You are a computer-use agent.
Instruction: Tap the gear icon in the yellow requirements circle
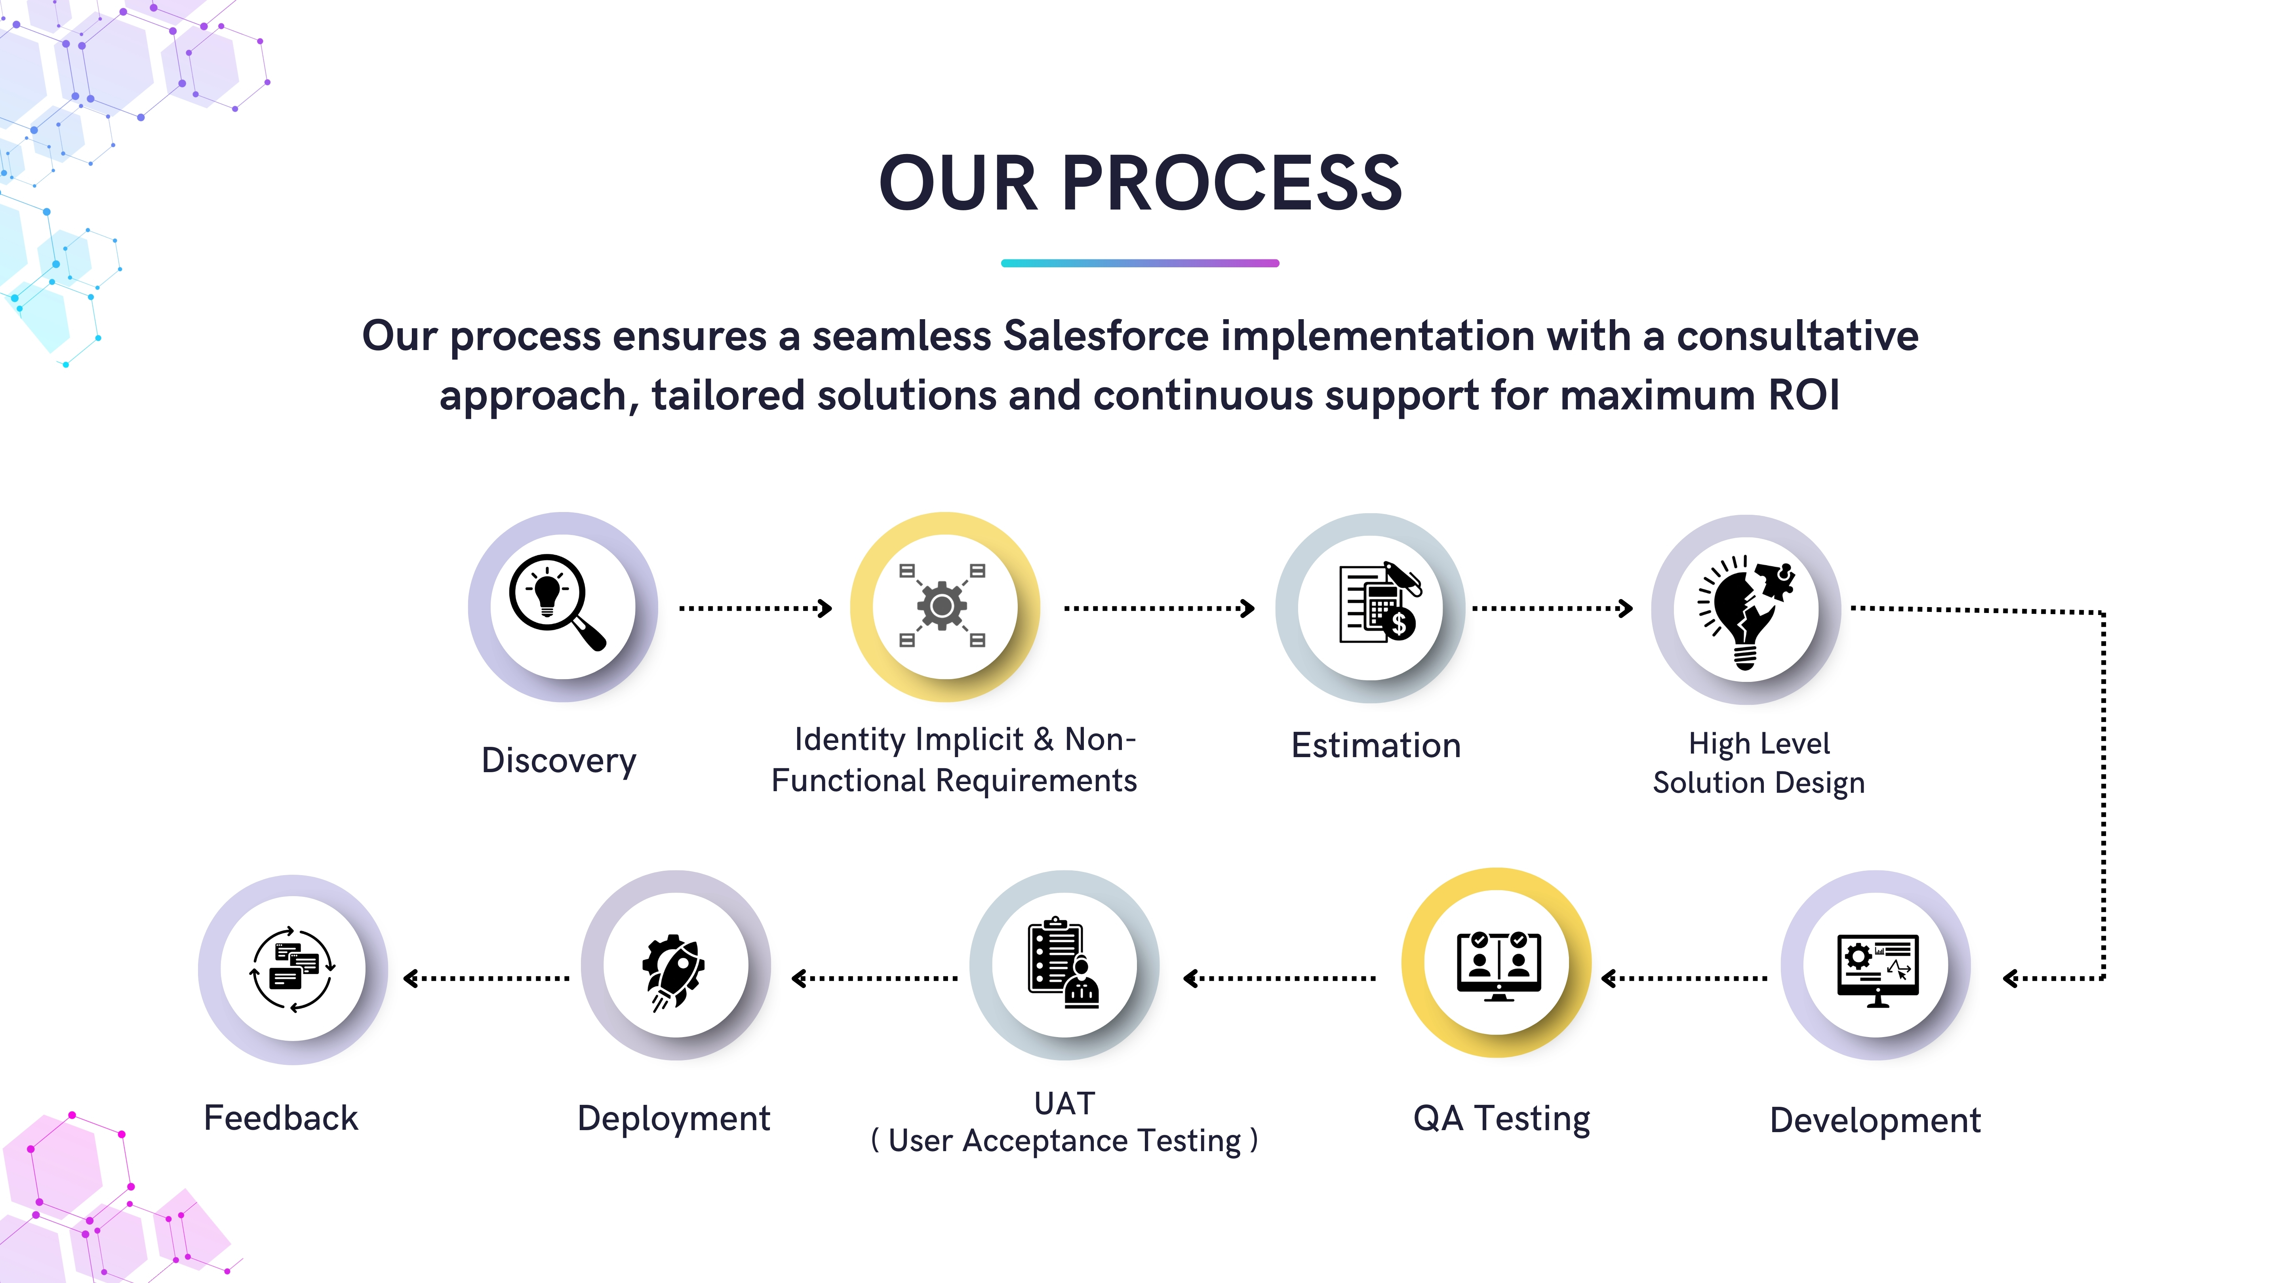[942, 605]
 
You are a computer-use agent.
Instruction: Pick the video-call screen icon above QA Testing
[1498, 965]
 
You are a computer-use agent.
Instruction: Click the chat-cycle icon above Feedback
[293, 969]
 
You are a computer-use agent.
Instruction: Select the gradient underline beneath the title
[1140, 263]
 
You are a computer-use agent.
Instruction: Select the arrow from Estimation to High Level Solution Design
[1552, 608]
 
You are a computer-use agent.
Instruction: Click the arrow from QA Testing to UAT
[1279, 978]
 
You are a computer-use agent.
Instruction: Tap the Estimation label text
[1375, 746]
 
